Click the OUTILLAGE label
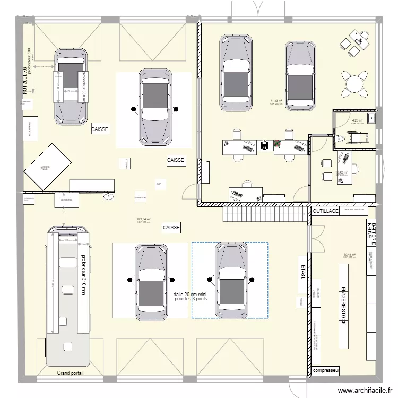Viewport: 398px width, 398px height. pos(325,211)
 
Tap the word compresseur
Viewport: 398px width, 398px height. pos(326,370)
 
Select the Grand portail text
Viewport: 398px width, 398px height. pos(70,373)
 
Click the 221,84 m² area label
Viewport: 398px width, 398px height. pos(144,219)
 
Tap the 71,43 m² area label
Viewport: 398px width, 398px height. pos(276,101)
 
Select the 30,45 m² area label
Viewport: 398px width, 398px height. pos(350,255)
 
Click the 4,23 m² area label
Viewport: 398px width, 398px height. pos(357,120)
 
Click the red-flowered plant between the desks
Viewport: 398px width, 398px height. pos(276,143)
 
